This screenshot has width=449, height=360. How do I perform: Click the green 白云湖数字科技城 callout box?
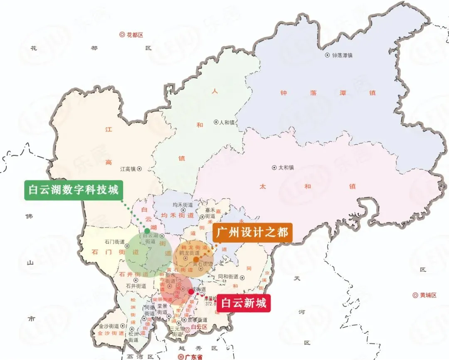74,190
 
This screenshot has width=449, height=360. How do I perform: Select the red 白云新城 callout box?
243,303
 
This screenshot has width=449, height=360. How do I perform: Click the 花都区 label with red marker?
131,35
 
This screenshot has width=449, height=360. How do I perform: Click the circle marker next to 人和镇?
216,122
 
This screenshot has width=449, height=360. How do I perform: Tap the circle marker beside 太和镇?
274,168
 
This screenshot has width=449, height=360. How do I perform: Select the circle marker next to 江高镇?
140,169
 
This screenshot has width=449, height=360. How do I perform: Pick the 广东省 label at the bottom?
190,357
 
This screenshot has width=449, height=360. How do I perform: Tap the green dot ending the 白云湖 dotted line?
147,231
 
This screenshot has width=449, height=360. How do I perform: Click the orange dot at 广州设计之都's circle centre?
196,259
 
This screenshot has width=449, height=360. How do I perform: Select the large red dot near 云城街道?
191,292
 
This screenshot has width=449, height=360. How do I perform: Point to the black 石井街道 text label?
136,286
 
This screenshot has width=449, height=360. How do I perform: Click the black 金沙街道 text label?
109,326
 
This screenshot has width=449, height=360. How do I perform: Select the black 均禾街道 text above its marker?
183,205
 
